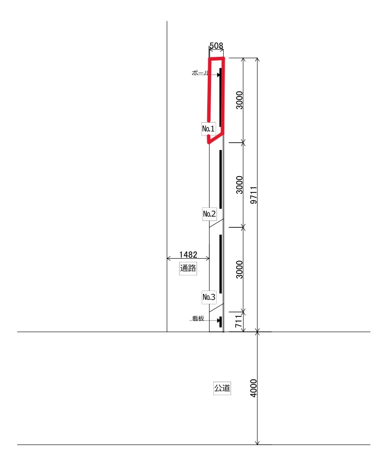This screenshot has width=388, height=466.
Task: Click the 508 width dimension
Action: [216, 46]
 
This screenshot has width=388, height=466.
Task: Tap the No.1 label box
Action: [208, 129]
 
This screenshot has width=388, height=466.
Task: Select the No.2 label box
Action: [210, 214]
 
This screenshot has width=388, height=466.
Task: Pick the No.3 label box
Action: [209, 297]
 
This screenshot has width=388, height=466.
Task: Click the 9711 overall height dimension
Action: [253, 195]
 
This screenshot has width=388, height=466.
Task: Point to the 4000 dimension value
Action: [253, 388]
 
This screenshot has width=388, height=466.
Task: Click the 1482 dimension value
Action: [188, 255]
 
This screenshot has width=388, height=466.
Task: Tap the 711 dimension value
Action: [238, 322]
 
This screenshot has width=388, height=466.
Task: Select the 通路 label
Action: [188, 268]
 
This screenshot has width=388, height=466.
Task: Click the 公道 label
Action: [222, 388]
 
